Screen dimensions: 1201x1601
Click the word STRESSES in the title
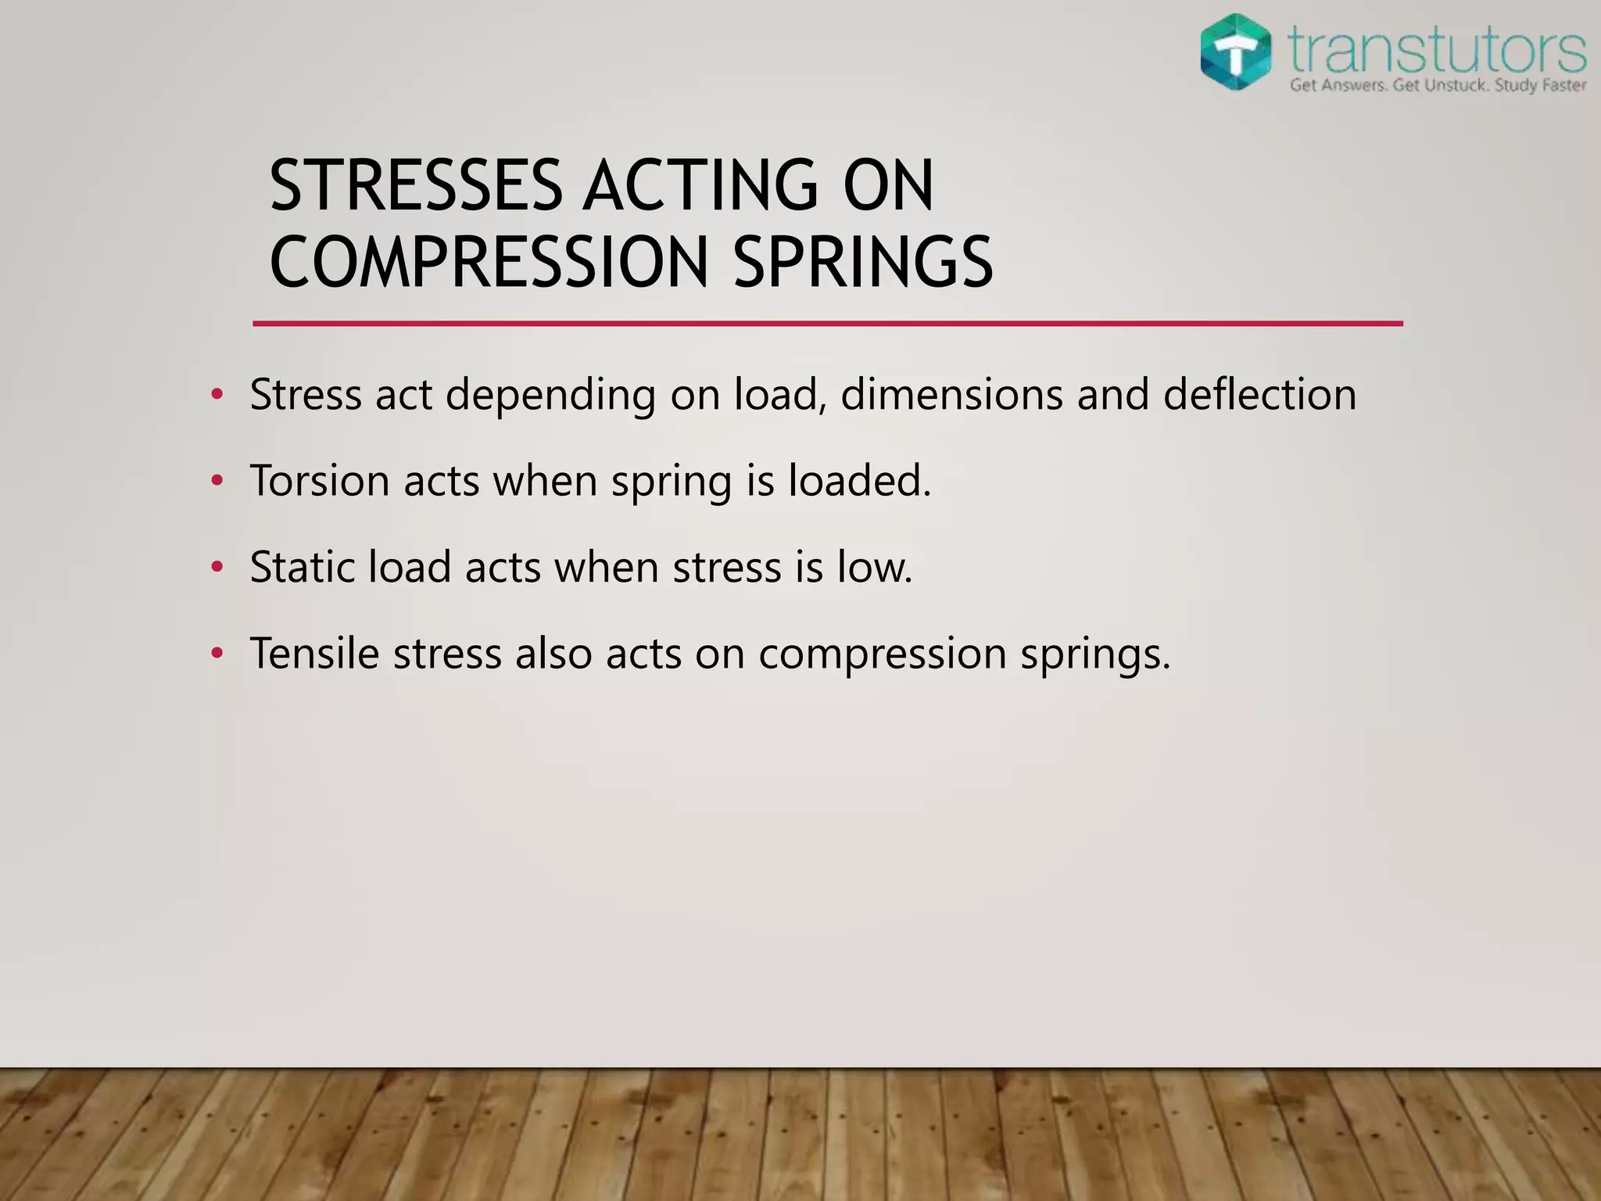415,186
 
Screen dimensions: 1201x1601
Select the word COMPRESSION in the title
489,262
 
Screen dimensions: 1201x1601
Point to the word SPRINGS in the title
863,262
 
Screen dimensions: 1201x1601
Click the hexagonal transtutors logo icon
1236,52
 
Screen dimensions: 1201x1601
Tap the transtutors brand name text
1437,49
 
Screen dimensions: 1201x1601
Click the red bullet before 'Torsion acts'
217,480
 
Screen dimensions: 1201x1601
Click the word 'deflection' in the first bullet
1259,394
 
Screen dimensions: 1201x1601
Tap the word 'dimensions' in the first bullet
951,394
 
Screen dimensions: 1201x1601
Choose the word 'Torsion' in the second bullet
320,480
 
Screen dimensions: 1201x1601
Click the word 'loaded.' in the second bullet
860,480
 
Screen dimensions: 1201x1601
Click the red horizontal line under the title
827,323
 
